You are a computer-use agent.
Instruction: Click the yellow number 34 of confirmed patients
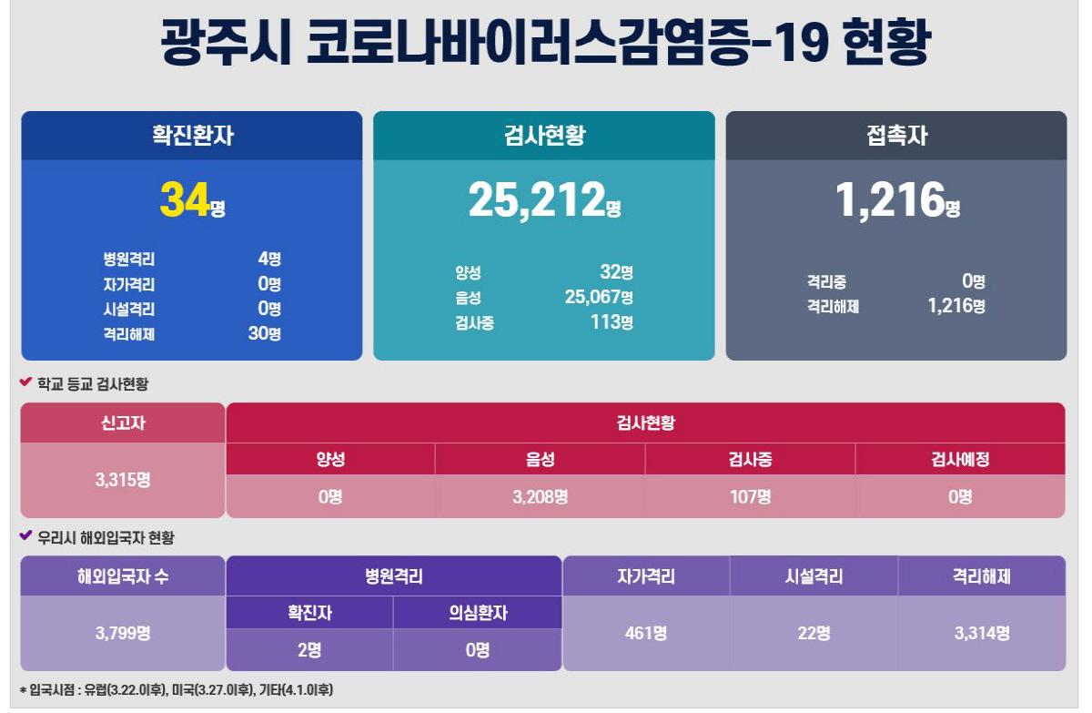pyautogui.click(x=186, y=199)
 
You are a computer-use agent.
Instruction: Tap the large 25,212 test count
pyautogui.click(x=537, y=199)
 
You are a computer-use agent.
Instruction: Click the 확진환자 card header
pyautogui.click(x=192, y=136)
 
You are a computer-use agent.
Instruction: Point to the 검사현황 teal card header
pyautogui.click(x=544, y=136)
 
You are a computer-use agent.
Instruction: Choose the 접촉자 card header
pyautogui.click(x=896, y=136)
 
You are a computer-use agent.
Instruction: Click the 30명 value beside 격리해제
pyautogui.click(x=264, y=333)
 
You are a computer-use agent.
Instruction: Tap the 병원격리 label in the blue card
pyautogui.click(x=129, y=260)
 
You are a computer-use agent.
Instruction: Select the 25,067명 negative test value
pyautogui.click(x=598, y=297)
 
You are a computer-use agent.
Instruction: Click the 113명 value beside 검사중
pyautogui.click(x=612, y=321)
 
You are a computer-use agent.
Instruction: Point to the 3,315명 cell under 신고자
pyautogui.click(x=123, y=480)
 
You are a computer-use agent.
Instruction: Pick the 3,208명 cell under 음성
pyautogui.click(x=540, y=497)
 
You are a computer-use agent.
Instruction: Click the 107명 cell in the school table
pyautogui.click(x=750, y=497)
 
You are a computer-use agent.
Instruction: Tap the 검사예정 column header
pyautogui.click(x=960, y=460)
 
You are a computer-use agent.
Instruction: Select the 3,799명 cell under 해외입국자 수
pyautogui.click(x=123, y=633)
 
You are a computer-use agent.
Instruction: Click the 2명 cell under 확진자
pyautogui.click(x=309, y=650)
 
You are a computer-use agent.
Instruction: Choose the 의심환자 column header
pyautogui.click(x=478, y=613)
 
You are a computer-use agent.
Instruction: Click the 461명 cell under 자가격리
pyautogui.click(x=646, y=633)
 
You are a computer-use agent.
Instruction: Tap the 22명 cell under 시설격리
pyautogui.click(x=814, y=633)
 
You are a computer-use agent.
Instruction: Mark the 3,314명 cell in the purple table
pyautogui.click(x=982, y=633)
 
